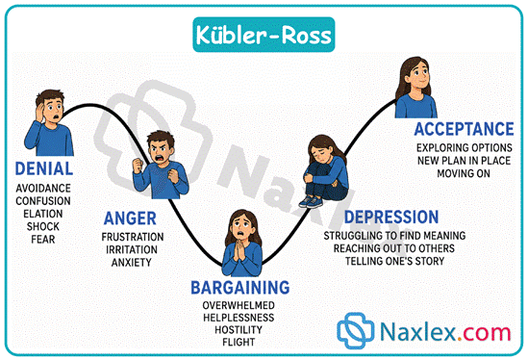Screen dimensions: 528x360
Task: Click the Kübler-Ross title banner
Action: (264, 35)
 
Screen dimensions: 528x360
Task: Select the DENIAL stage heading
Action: (44, 168)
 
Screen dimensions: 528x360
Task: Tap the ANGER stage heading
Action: (130, 219)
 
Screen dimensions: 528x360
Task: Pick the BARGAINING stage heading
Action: (240, 288)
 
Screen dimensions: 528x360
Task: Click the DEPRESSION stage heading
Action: (391, 217)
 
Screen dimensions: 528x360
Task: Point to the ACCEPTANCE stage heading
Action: (464, 129)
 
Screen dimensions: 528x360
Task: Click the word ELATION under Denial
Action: (43, 214)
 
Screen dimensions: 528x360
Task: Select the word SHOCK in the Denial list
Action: (43, 226)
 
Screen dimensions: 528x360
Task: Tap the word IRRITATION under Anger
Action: (132, 249)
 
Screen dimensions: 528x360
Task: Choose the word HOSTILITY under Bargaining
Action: (239, 329)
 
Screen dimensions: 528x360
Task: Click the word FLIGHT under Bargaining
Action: (239, 342)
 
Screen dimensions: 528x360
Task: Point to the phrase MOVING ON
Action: (464, 173)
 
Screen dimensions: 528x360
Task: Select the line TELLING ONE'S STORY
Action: (394, 261)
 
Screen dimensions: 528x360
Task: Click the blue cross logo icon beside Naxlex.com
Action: (356, 330)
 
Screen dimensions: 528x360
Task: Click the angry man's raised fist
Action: (138, 166)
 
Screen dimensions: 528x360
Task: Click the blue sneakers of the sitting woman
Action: (311, 201)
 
